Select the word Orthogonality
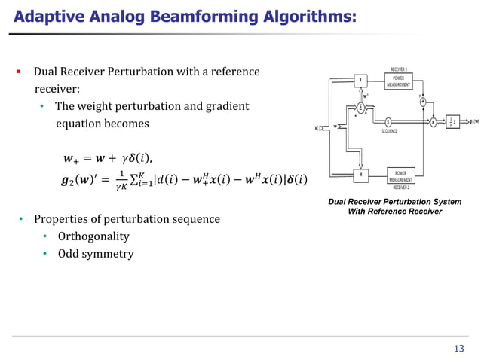coord(93,236)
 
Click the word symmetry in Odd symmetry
coord(108,254)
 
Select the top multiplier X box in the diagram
coord(360,81)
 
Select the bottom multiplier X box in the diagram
coord(360,175)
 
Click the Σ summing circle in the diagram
coord(360,108)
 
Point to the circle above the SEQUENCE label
coord(388,122)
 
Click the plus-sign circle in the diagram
coord(422,102)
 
